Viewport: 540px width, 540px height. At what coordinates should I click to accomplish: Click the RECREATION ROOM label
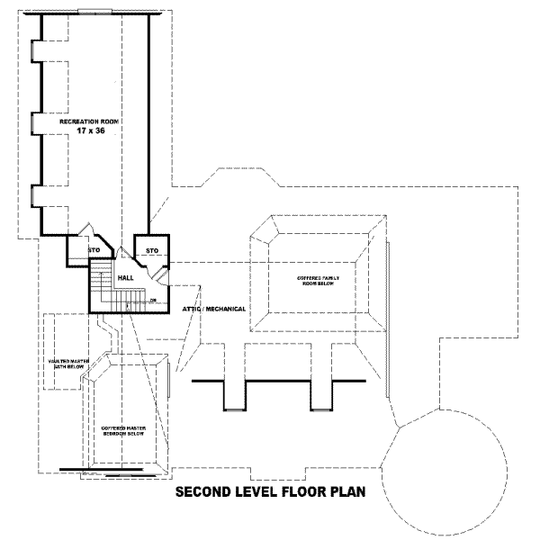click(89, 121)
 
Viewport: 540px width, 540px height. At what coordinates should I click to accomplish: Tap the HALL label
click(125, 279)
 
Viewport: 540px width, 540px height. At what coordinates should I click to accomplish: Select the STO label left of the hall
click(93, 249)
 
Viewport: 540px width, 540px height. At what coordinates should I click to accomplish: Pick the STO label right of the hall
click(152, 249)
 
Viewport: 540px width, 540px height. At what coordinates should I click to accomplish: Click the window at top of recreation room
click(94, 13)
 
